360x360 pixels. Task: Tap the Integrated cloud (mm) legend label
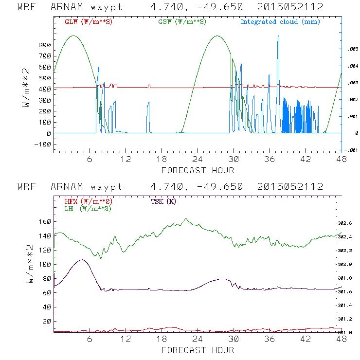tap(280, 21)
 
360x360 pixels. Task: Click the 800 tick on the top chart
tap(45, 45)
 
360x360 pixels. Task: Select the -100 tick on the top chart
tap(42, 144)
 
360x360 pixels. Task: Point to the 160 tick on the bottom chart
tap(45, 222)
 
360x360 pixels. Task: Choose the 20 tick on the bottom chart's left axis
tap(47, 322)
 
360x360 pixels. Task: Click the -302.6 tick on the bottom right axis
tap(346, 223)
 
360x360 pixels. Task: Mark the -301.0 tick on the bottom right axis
tap(346, 332)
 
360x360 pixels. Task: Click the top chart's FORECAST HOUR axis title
tap(198, 170)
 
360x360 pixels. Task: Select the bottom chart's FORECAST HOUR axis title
tap(198, 350)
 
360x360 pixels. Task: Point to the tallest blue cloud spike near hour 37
tap(278, 37)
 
